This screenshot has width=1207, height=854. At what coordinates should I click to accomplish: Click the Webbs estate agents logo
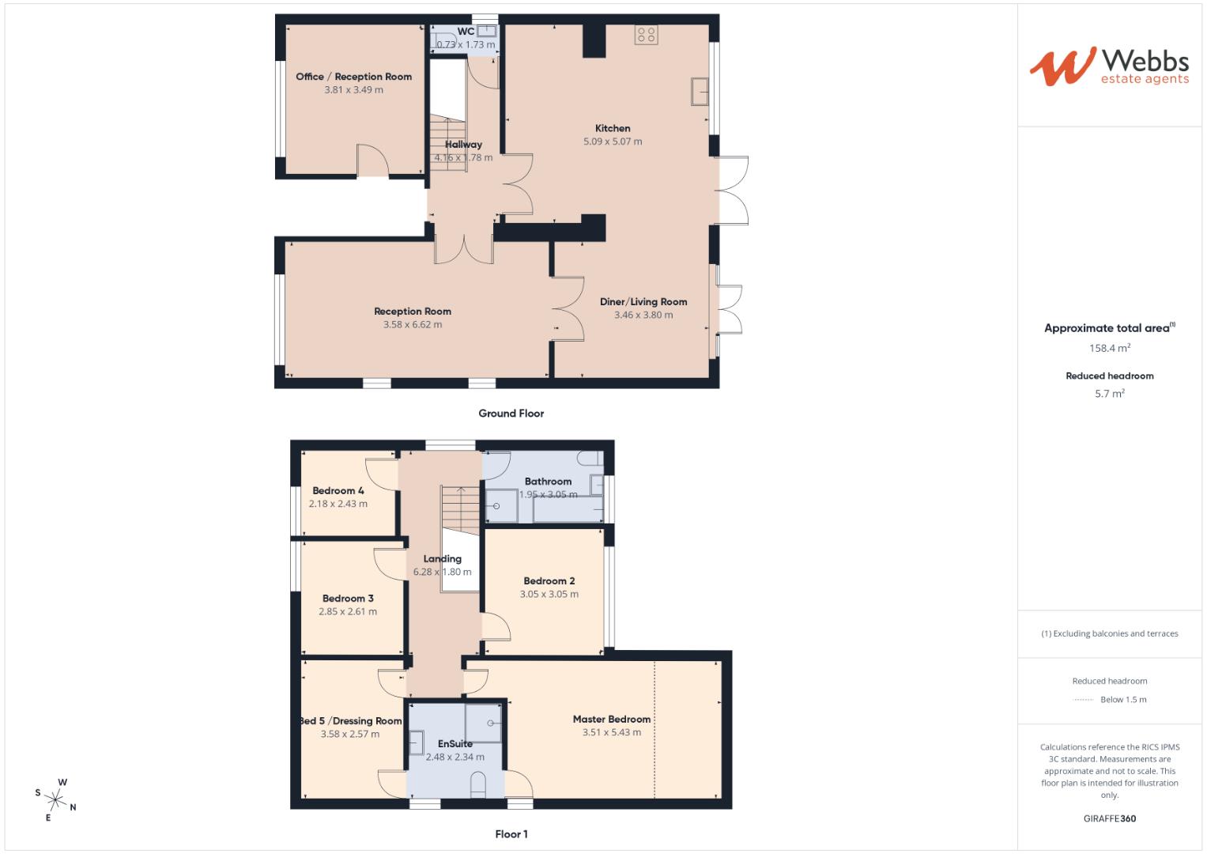(x=1109, y=66)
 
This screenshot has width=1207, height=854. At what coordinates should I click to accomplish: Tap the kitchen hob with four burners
(x=646, y=35)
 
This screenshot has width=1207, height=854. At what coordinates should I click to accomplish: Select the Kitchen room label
(x=613, y=128)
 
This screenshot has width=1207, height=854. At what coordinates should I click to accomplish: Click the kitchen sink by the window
(x=700, y=91)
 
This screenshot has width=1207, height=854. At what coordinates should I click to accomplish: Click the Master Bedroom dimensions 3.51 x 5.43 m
(x=611, y=733)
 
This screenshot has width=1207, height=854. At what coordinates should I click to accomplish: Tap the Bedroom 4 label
(x=338, y=490)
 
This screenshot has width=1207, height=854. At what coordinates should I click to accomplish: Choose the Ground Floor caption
(x=511, y=414)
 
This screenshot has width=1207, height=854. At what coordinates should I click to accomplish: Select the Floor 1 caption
(x=511, y=834)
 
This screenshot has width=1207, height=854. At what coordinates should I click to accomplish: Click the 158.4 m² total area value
(x=1109, y=348)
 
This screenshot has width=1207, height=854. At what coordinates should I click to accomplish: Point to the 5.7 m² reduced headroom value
(x=1109, y=393)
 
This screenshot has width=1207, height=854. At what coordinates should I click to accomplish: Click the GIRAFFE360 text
(x=1109, y=818)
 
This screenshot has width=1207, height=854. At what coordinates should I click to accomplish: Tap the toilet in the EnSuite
(x=477, y=785)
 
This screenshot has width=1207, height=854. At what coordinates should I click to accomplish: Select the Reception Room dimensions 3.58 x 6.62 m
(x=413, y=324)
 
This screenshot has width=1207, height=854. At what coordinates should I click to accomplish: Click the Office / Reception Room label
(x=353, y=77)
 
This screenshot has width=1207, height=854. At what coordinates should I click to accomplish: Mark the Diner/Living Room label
(x=643, y=301)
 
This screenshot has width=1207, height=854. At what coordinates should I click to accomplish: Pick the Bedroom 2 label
(x=549, y=581)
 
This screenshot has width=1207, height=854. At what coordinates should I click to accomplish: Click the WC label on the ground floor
(x=466, y=32)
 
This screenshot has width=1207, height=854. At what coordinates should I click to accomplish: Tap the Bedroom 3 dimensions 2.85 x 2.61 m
(x=348, y=611)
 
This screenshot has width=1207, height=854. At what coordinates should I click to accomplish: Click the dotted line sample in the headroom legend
(x=1082, y=700)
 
